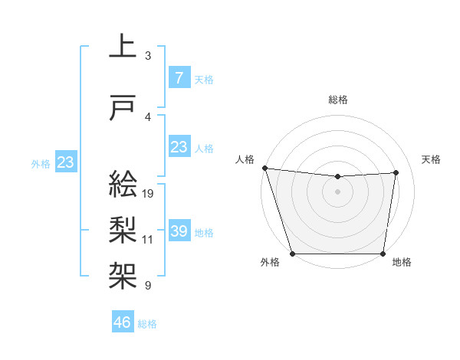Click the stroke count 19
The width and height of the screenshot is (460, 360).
(x=149, y=193)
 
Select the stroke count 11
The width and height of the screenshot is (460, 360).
(x=148, y=240)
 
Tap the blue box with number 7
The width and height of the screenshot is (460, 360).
(x=179, y=77)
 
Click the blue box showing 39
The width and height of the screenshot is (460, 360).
(x=179, y=231)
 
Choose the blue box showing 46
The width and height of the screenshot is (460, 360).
(x=123, y=322)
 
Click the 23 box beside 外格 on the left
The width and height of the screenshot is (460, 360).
(x=66, y=162)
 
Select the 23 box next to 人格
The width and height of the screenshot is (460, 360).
(x=179, y=147)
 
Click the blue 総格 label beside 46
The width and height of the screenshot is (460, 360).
(x=147, y=324)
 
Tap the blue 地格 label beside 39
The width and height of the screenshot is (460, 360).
(x=204, y=232)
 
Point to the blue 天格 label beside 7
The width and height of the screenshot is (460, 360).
(x=203, y=79)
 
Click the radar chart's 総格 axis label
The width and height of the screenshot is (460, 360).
(x=337, y=100)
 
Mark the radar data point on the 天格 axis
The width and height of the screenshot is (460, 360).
(x=396, y=172)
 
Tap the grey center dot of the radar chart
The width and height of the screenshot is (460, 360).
(x=337, y=191)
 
